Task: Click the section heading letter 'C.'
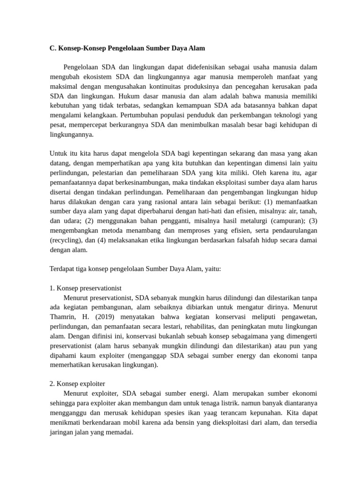pyautogui.click(x=53, y=48)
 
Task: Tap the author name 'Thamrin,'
pyautogui.click(x=63, y=316)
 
